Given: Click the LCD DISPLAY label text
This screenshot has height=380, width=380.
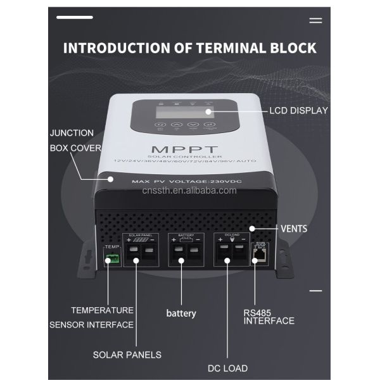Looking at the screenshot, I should pyautogui.click(x=298, y=110).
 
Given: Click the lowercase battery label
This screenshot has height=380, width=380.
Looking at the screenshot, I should pyautogui.click(x=181, y=313).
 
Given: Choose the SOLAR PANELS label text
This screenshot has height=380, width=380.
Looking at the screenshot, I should pyautogui.click(x=127, y=355).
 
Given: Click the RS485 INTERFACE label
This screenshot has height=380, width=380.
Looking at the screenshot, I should pyautogui.click(x=269, y=316).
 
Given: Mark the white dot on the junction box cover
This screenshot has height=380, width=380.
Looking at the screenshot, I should pyautogui.click(x=111, y=179).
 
